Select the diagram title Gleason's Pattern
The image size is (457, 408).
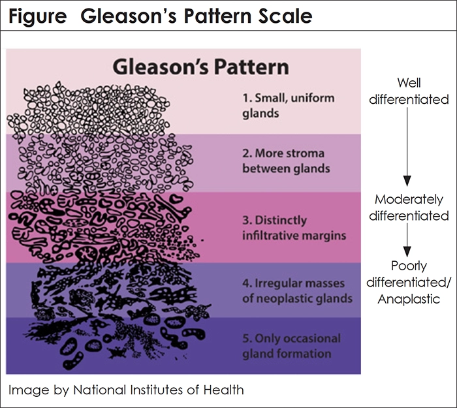tap(200, 67)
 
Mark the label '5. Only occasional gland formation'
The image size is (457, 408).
tap(291, 346)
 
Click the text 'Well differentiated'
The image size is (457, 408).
tap(418, 91)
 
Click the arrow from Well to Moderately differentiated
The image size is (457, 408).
tap(407, 147)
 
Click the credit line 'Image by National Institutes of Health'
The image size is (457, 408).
tap(127, 390)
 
